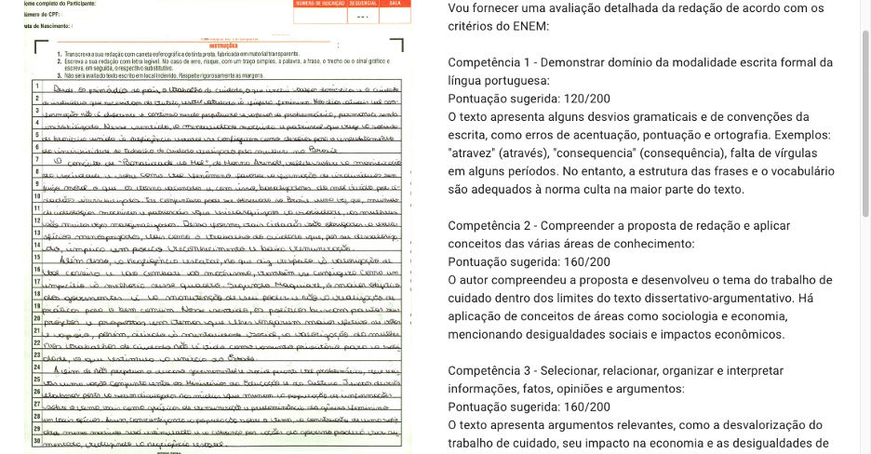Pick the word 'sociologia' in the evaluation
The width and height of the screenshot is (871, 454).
tap(690, 316)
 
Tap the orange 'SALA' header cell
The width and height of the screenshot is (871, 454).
tap(394, 5)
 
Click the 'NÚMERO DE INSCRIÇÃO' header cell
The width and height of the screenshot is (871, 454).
tap(319, 5)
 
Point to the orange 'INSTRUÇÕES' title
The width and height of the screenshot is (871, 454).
tap(224, 45)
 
